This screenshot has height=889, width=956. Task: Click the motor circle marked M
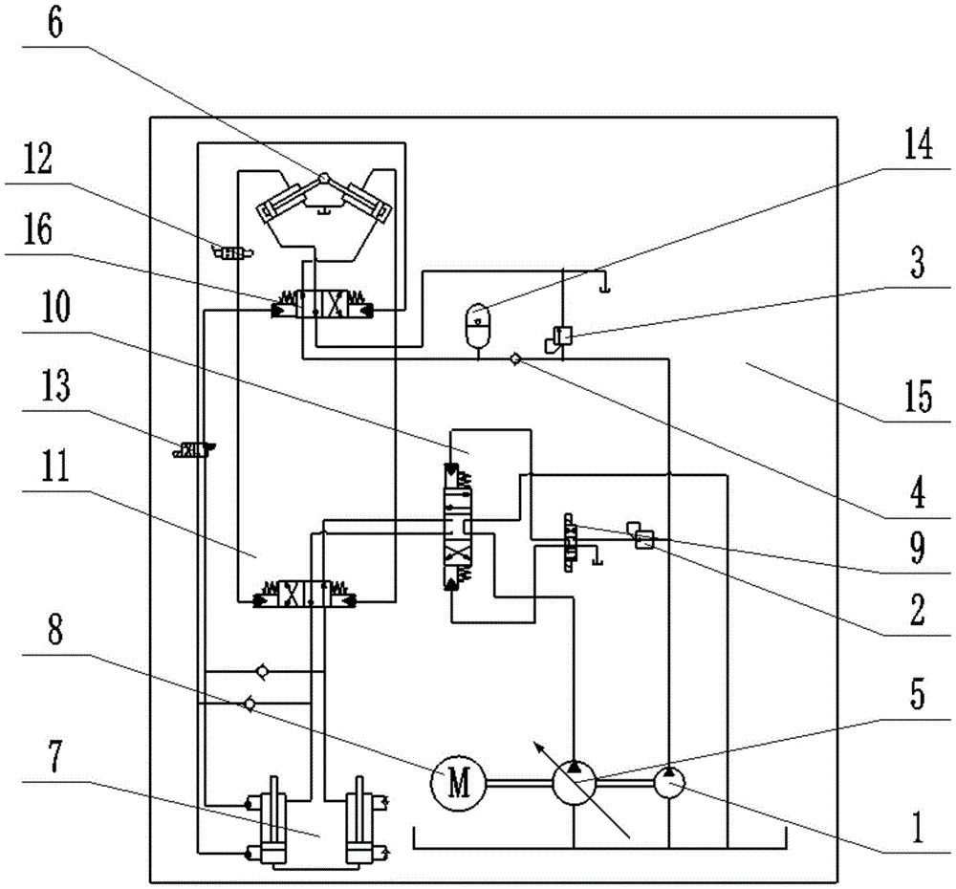pos(459,783)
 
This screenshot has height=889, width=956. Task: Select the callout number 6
pos(54,24)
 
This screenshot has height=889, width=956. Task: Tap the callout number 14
pos(918,144)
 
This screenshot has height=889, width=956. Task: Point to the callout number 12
pos(38,159)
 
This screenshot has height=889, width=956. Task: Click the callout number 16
pos(38,228)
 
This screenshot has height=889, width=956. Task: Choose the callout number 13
pos(55,385)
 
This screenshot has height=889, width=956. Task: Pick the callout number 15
pos(918,397)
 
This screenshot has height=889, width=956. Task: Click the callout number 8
pos(54,629)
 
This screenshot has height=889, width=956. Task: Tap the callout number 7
pos(54,756)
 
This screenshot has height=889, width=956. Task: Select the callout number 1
pos(918,828)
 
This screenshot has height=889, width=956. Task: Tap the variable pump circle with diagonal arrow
pos(574,783)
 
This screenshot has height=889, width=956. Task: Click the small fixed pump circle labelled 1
pos(669,783)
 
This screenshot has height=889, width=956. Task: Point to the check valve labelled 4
pos(515,359)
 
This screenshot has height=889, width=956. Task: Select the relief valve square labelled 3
pos(563,336)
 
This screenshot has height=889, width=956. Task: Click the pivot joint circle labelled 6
pos(324,177)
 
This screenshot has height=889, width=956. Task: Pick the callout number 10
pos(55,306)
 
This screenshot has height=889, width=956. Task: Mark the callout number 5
pos(918,694)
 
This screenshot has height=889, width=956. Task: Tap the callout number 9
pos(918,547)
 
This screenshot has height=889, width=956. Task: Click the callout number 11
pos(55,466)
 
